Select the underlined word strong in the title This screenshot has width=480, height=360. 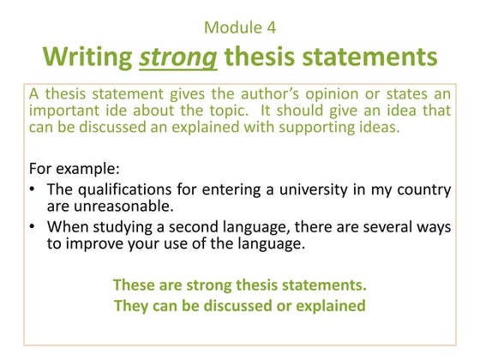click(171, 57)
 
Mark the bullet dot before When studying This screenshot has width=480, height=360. click(33, 227)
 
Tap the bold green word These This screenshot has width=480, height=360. click(134, 285)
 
